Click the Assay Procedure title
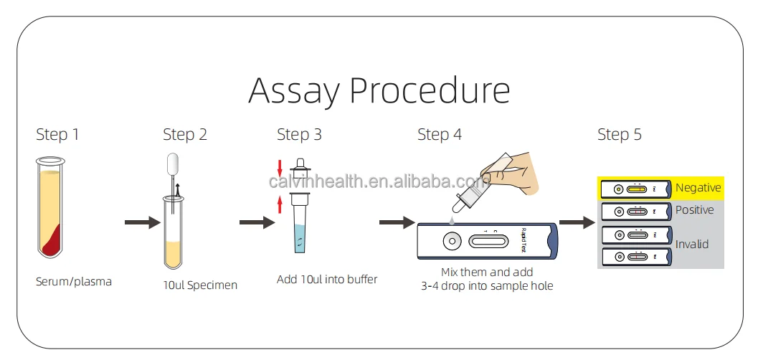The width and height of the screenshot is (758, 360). pyautogui.click(x=379, y=91)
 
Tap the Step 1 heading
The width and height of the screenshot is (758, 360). pyautogui.click(x=58, y=135)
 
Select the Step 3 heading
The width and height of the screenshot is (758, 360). pyautogui.click(x=299, y=135)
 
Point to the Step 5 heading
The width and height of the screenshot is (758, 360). pyautogui.click(x=620, y=135)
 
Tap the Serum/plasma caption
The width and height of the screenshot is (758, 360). pyautogui.click(x=74, y=282)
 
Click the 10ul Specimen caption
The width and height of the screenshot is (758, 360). pyautogui.click(x=200, y=285)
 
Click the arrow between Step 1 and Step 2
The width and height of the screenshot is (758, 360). pyautogui.click(x=142, y=223)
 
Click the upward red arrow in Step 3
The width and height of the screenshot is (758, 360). pyautogui.click(x=280, y=207)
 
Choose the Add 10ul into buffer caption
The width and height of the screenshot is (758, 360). pyautogui.click(x=327, y=279)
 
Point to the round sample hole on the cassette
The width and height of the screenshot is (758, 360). pyautogui.click(x=451, y=240)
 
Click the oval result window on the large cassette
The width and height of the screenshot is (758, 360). pyautogui.click(x=488, y=241)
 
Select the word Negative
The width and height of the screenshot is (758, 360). pyautogui.click(x=698, y=188)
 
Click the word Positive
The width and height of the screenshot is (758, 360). pyautogui.click(x=694, y=210)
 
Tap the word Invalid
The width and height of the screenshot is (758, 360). pyautogui.click(x=691, y=245)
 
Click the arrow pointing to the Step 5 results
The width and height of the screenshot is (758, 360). pyautogui.click(x=577, y=223)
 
